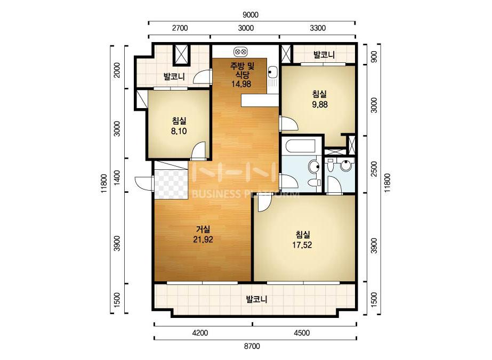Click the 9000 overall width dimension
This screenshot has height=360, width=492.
[x=251, y=15]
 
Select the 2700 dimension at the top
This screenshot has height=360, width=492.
[x=180, y=28]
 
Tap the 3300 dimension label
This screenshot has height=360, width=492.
[x=318, y=28]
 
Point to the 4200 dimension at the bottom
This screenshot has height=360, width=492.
[x=200, y=333]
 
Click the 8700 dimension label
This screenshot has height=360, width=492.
[x=252, y=346]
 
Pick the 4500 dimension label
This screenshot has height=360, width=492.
[x=302, y=333]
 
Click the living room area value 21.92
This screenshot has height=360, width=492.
[x=203, y=240]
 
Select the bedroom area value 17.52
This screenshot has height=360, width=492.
[x=302, y=245]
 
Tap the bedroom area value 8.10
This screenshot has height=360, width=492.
[x=179, y=131]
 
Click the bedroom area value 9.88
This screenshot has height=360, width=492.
[x=319, y=104]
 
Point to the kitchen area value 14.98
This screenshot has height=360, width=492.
[x=241, y=84]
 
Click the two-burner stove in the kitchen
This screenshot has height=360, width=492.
[x=241, y=51]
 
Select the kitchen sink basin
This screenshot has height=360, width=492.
[x=272, y=72]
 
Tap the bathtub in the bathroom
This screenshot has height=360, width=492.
[x=301, y=145]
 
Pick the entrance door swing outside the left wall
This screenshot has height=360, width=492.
[x=144, y=183]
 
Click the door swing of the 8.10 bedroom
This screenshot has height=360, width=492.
[x=198, y=150]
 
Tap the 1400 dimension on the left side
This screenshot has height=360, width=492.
[x=117, y=177]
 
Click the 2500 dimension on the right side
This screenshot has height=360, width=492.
[x=374, y=169]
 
